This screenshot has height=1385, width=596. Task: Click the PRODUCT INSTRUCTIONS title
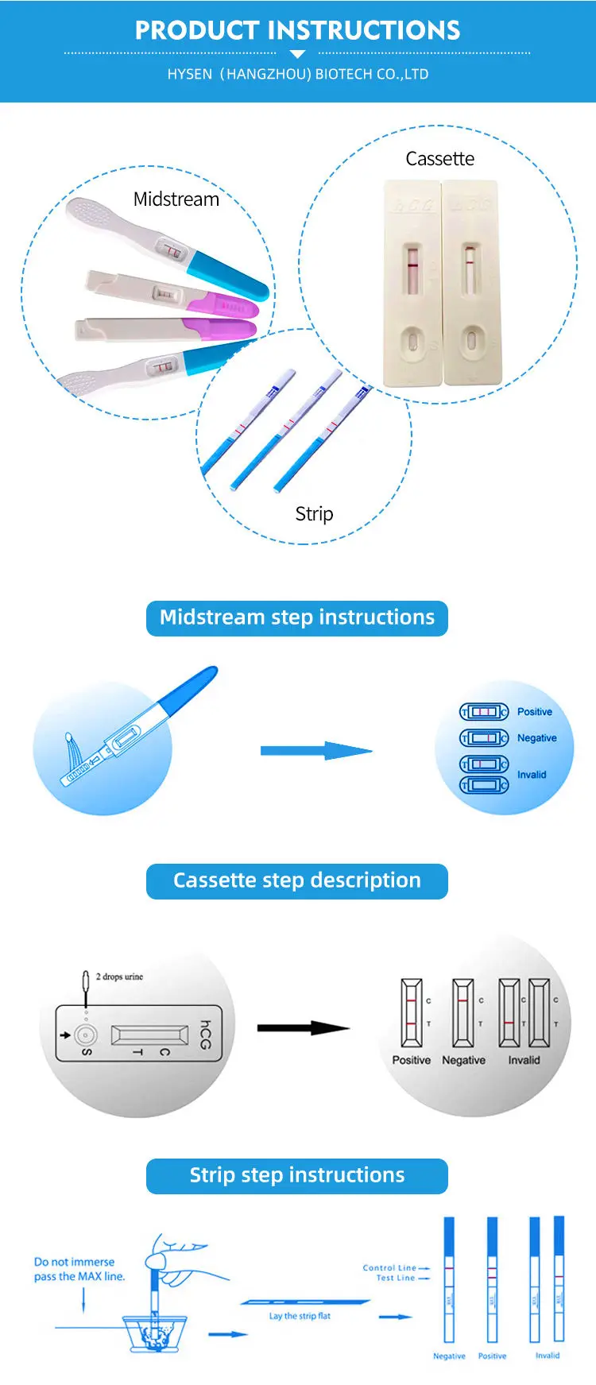coord(297,30)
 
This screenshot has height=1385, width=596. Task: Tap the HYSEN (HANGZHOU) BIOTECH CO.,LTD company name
coord(297,74)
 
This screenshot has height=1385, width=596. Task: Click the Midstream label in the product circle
coord(176,199)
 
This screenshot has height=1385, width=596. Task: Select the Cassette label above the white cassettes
coord(439,159)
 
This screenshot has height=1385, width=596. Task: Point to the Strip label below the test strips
coord(314,514)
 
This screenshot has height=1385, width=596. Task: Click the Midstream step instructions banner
coord(297,618)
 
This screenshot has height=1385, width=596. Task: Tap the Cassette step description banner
coord(297,881)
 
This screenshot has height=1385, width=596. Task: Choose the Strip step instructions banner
coord(297,1176)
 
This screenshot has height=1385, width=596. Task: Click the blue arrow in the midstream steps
coord(315,751)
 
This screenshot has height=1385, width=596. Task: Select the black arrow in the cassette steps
coord(303,1028)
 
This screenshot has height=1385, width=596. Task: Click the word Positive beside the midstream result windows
coord(534,712)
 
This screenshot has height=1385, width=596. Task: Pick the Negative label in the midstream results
coord(536,738)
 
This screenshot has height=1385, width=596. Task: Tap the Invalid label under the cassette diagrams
coord(524,1060)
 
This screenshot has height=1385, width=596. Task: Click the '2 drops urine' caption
coord(119,977)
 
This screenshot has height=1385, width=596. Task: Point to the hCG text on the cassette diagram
coord(205,1035)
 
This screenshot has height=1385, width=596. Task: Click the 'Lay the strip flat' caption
coord(300,1316)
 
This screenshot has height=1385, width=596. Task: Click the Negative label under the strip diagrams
coord(449,1356)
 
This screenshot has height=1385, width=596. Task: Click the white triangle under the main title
coord(297,54)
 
